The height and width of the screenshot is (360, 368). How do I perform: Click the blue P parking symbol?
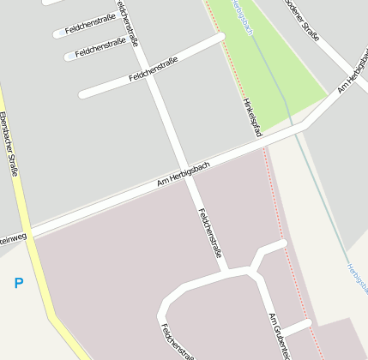19,283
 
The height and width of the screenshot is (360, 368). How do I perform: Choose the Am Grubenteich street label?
281,336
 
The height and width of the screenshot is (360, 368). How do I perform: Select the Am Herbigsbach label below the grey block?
183,173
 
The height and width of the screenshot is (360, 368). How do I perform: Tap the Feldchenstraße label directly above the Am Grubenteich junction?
211,232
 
